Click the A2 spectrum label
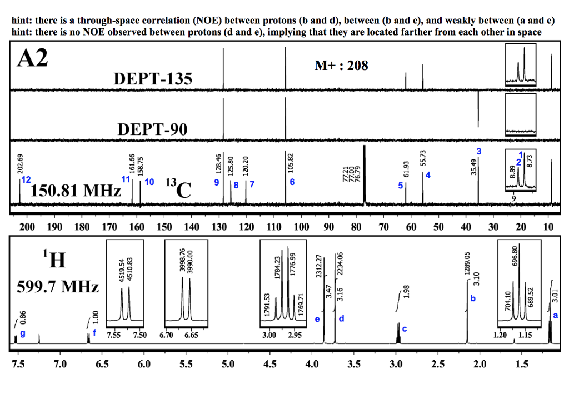click(x=33, y=58)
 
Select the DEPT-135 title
click(x=153, y=79)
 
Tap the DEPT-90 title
click(x=153, y=129)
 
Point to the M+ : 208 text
click(x=341, y=66)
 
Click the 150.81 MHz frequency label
click(x=76, y=192)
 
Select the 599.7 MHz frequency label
click(x=58, y=287)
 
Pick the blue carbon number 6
click(x=292, y=182)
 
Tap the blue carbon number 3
click(x=478, y=152)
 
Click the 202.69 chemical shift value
click(x=20, y=163)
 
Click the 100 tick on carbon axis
click(x=301, y=227)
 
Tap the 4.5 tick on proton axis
click(x=269, y=365)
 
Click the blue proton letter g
click(x=22, y=333)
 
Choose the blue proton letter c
click(x=404, y=329)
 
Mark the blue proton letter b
click(x=473, y=298)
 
